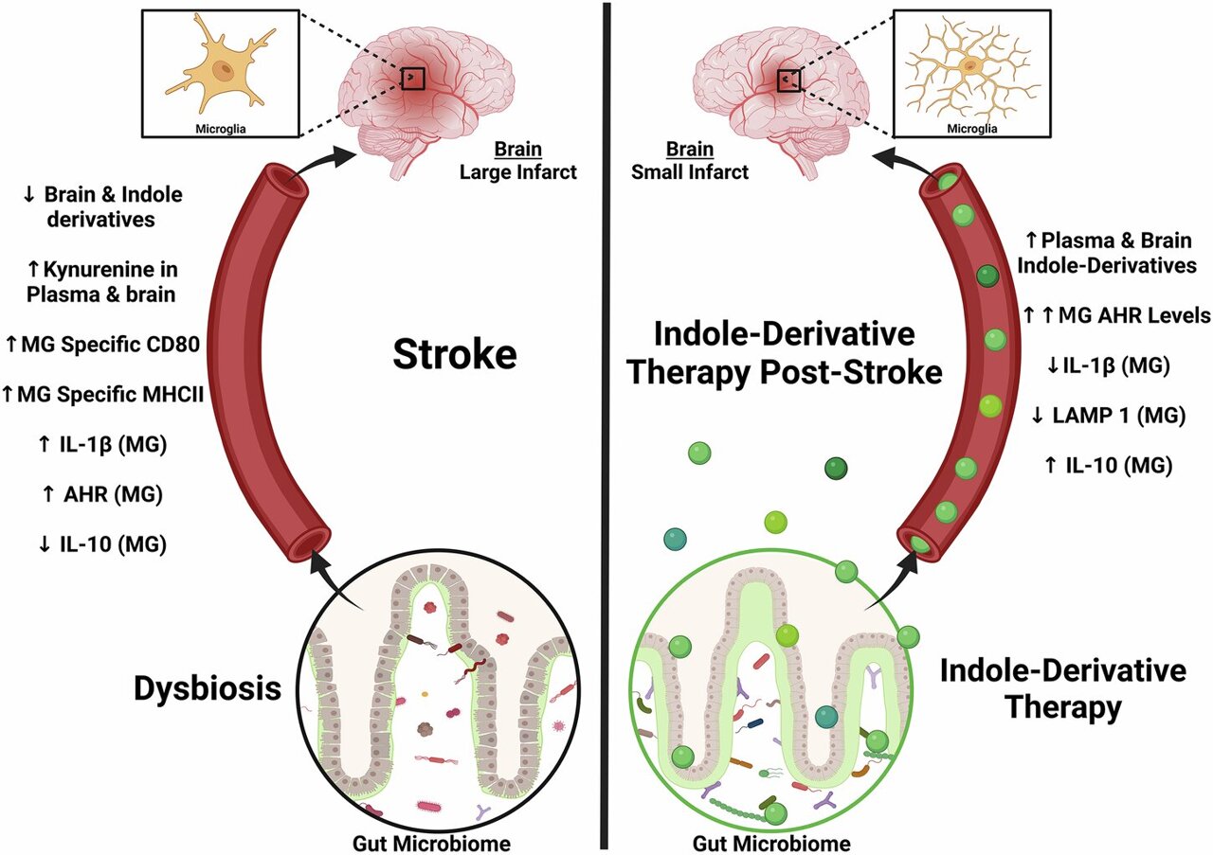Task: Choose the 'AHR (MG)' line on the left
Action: pyautogui.click(x=101, y=493)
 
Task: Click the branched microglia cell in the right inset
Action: pyautogui.click(x=970, y=66)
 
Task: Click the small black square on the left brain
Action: pyautogui.click(x=412, y=79)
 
